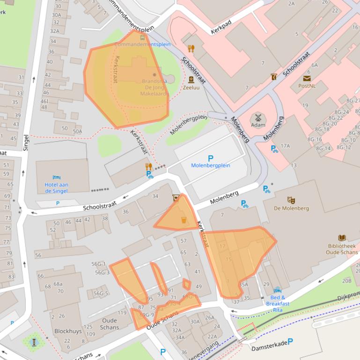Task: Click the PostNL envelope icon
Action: [307, 78]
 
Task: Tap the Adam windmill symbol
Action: [257, 117]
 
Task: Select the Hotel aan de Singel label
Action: [57, 188]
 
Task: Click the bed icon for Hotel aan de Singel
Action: [57, 178]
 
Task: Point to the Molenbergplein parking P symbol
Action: [210, 158]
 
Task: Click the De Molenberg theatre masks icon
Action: [291, 200]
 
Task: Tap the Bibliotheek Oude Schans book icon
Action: [342, 238]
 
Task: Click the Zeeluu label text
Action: [191, 87]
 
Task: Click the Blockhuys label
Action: [68, 331]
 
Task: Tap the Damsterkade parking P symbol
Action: [290, 342]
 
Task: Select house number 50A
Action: [77, 131]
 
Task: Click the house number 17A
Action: [285, 146]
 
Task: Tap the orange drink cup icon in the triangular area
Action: [184, 220]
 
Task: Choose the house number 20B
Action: [346, 281]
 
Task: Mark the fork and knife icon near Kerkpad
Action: [191, 48]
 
